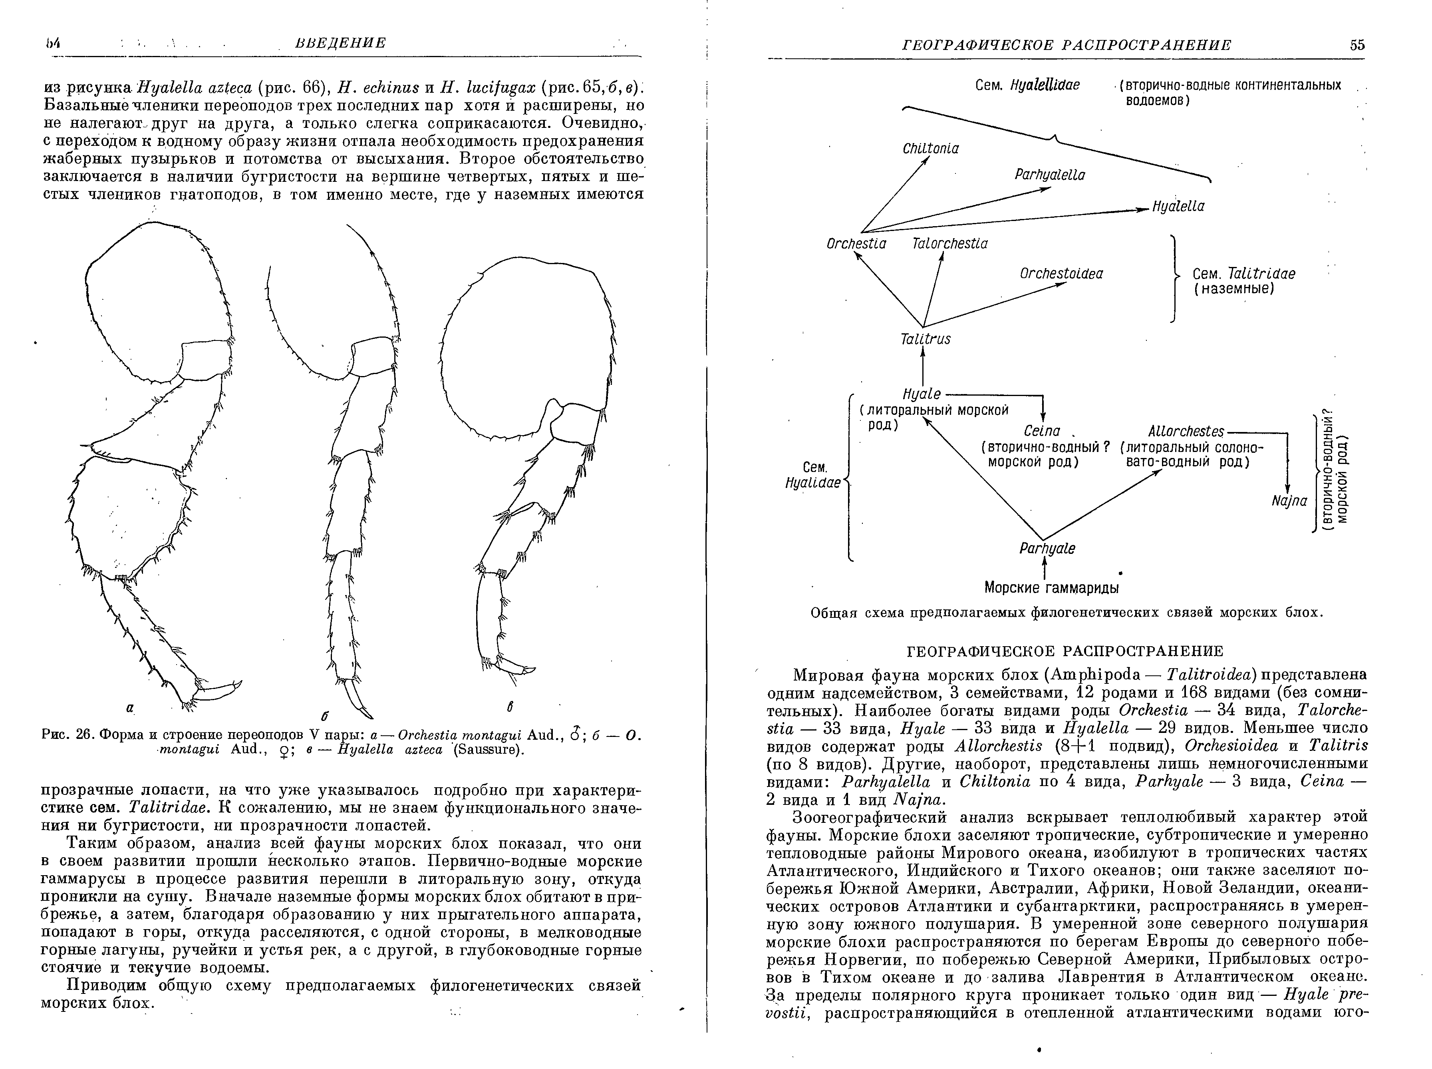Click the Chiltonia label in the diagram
coord(930,149)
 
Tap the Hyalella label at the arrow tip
coord(1178,207)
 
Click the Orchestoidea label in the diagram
coord(1061,274)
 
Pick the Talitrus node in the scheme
coord(925,339)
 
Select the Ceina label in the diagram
coord(1042,431)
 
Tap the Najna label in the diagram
coord(1289,501)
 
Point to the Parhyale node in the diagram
coord(1047,549)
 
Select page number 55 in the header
coord(1357,45)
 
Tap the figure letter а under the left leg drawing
coord(129,709)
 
